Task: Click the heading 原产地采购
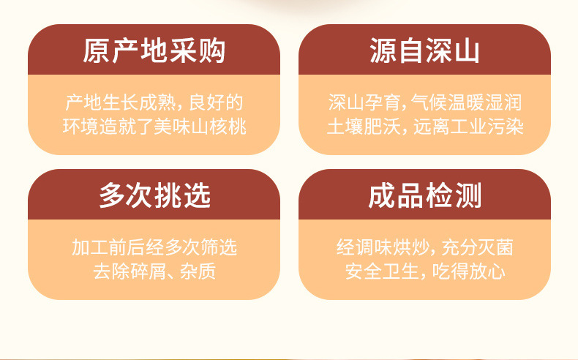click(154, 50)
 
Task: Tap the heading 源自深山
click(424, 50)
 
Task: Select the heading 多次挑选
click(154, 195)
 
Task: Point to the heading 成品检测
click(424, 195)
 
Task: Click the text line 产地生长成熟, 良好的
click(154, 102)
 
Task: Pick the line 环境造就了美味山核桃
click(154, 127)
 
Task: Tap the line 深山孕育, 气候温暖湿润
click(424, 102)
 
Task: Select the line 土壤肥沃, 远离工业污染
click(425, 127)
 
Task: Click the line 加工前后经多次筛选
click(154, 247)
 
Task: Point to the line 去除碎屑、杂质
click(154, 271)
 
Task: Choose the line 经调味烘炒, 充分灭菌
click(424, 247)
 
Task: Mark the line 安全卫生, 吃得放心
click(425, 271)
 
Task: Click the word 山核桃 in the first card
click(219, 127)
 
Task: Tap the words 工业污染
click(487, 127)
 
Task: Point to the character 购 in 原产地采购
click(212, 50)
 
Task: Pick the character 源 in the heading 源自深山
click(383, 50)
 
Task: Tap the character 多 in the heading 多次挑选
click(112, 195)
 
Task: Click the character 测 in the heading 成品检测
click(468, 195)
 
